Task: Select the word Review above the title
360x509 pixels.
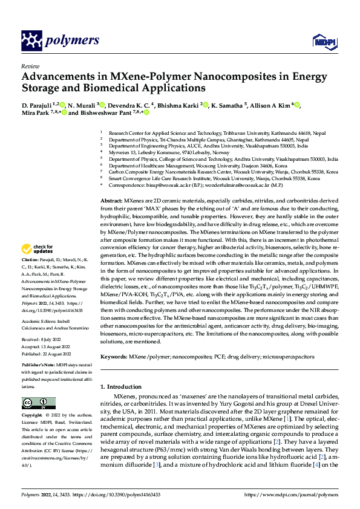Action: click(x=30, y=66)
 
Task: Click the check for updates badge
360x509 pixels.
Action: click(x=37, y=250)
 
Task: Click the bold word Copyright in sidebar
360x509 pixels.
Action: click(x=33, y=416)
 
